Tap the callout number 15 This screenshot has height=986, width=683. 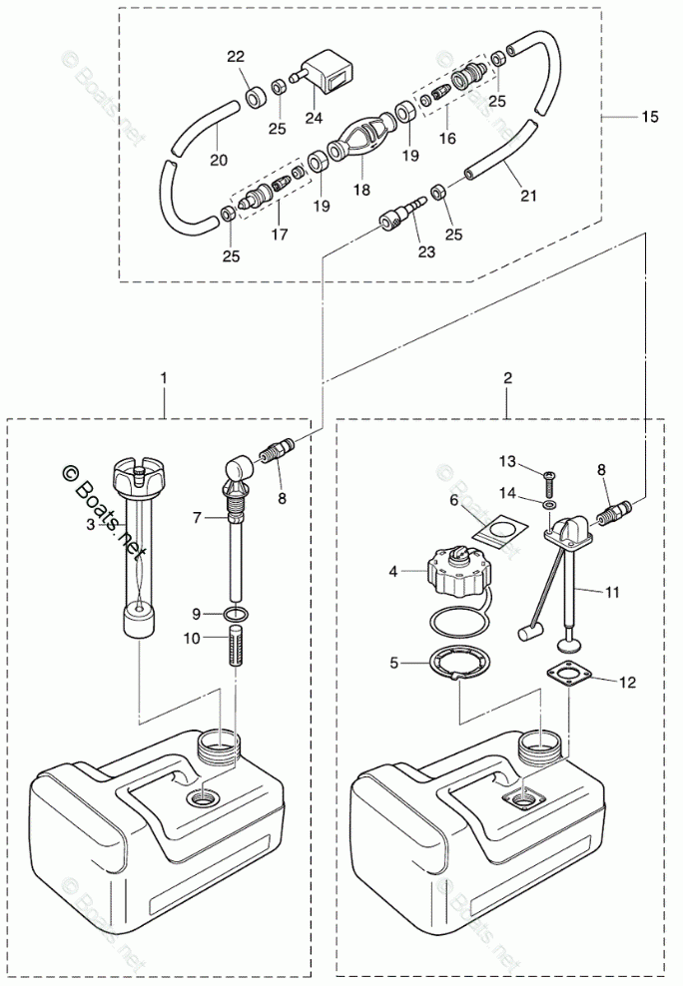pyautogui.click(x=650, y=117)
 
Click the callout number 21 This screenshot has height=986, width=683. pyautogui.click(x=529, y=196)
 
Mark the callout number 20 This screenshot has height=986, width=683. pyautogui.click(x=219, y=160)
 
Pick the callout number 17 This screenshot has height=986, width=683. pyautogui.click(x=280, y=235)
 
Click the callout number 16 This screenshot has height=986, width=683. pyautogui.click(x=447, y=138)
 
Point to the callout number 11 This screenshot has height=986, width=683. pyautogui.click(x=612, y=592)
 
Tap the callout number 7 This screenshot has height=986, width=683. pyautogui.click(x=197, y=517)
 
